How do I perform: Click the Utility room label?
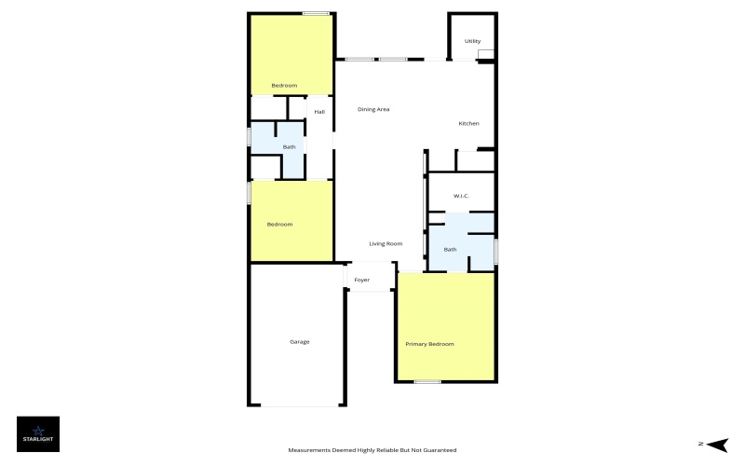[x=472, y=41]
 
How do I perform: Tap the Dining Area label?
[x=373, y=109]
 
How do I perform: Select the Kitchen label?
[x=468, y=124]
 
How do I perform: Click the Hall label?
[x=319, y=112]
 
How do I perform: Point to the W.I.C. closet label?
[x=460, y=196]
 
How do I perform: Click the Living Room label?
[x=386, y=243]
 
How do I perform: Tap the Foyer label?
[x=362, y=280]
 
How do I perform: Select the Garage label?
[x=299, y=342]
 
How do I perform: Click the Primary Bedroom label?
[x=429, y=345]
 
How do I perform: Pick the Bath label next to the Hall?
[x=290, y=146]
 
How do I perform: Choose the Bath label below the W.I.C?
[x=450, y=249]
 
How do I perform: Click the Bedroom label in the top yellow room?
[x=284, y=86]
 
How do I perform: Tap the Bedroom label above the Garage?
[x=279, y=224]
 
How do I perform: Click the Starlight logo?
[x=38, y=433]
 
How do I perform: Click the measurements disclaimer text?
[x=372, y=450]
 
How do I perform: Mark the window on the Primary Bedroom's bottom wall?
[x=427, y=381]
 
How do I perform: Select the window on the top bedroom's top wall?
[x=316, y=13]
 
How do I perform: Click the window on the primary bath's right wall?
[x=495, y=252]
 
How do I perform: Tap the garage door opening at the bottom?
[x=298, y=405]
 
